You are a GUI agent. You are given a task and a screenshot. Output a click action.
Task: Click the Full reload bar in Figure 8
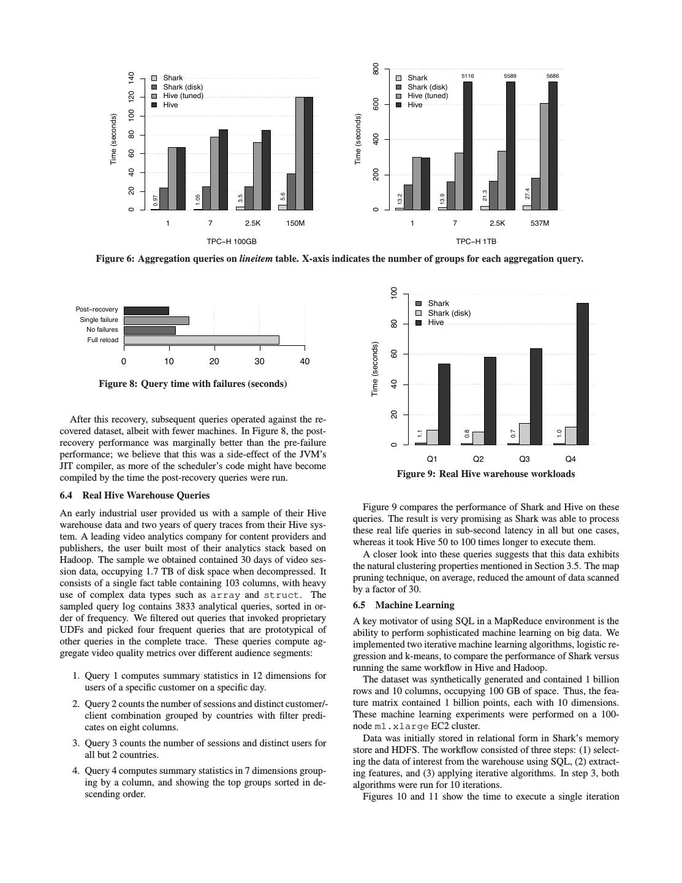(201, 340)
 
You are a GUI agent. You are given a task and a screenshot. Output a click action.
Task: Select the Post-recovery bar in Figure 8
(146, 310)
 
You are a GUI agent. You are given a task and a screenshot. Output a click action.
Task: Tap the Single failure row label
(99, 320)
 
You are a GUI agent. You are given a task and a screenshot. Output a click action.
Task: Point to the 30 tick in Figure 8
(259, 361)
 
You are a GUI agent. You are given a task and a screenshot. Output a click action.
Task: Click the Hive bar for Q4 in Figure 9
(582, 373)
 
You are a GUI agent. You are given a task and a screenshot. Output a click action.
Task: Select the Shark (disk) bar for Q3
(525, 434)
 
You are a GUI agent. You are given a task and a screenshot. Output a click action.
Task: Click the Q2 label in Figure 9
(478, 459)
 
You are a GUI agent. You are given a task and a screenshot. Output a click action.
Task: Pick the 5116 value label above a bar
(468, 76)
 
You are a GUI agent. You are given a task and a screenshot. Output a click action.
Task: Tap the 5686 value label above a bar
(553, 76)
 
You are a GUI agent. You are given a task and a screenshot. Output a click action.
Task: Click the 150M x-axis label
(295, 223)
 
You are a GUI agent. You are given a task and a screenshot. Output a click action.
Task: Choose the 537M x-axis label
(540, 223)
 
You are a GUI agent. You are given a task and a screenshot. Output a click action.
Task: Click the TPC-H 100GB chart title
(232, 242)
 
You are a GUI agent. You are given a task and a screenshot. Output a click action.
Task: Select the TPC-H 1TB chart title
(476, 242)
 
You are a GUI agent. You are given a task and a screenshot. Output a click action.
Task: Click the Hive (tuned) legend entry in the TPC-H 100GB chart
(182, 96)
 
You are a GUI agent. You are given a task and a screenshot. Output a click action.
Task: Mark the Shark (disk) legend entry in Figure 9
(449, 313)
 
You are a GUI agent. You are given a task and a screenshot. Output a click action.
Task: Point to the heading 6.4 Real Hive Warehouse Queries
(134, 495)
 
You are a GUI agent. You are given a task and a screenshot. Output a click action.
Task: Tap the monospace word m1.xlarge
(401, 727)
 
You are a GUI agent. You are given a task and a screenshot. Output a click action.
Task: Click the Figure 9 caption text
(485, 474)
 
